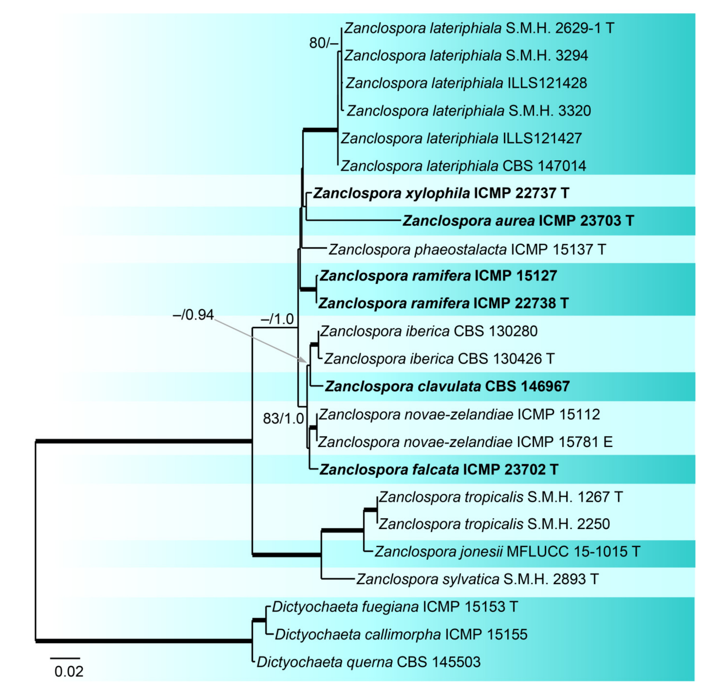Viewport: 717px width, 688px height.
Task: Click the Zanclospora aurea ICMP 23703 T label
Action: (518, 221)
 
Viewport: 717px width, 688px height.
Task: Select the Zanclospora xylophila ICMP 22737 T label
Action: (441, 193)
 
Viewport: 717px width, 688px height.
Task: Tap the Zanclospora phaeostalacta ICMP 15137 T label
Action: (467, 249)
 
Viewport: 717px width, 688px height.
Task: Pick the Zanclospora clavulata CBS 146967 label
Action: (447, 386)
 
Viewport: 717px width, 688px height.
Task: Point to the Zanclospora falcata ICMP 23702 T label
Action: (438, 469)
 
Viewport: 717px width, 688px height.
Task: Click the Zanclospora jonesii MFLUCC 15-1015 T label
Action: (507, 551)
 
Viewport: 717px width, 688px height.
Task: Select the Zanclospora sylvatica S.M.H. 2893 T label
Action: (477, 579)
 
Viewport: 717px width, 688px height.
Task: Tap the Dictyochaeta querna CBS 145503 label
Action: (368, 662)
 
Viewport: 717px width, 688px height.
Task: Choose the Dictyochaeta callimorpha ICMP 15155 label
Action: (401, 634)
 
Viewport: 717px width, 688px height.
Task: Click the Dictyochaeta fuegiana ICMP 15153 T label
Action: (394, 607)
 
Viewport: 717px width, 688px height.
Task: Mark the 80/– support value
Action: (324, 43)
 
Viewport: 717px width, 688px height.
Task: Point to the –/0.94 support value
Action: (193, 315)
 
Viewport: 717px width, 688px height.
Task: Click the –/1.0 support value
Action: (278, 319)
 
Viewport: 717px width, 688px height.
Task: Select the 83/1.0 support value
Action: (283, 418)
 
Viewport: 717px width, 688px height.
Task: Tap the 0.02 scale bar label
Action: (69, 671)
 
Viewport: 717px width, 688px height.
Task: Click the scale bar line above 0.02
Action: (65, 659)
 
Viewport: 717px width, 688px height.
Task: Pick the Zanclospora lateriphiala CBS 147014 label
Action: (463, 166)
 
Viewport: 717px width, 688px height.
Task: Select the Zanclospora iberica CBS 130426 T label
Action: (439, 359)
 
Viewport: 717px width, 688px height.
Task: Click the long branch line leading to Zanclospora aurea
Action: (354, 220)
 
